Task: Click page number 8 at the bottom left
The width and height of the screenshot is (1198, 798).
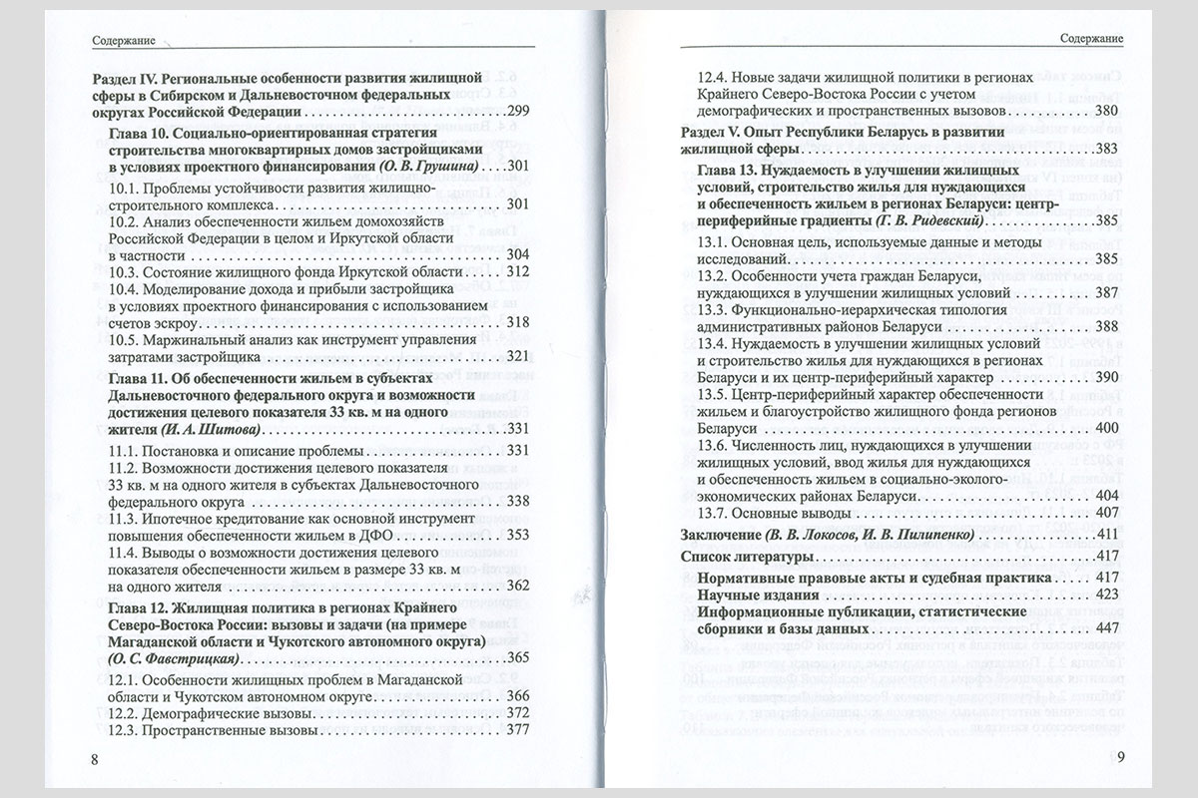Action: [x=94, y=759]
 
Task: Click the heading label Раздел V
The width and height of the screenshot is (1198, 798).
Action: [x=711, y=132]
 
